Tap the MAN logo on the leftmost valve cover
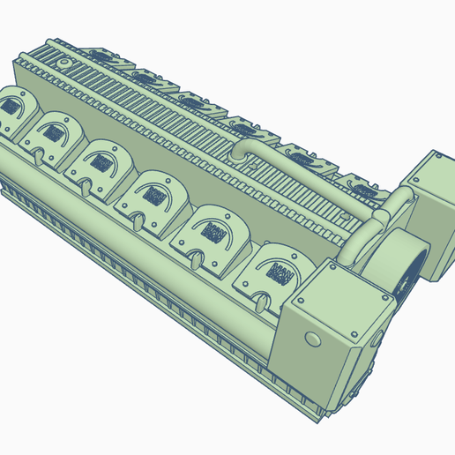pyautogui.click(x=12, y=108)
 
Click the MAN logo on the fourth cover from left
pyautogui.click(x=157, y=193)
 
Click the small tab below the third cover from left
pyautogui.click(x=86, y=187)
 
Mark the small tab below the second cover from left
pyautogui.click(x=41, y=157)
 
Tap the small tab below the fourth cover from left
pyautogui.click(x=139, y=220)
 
